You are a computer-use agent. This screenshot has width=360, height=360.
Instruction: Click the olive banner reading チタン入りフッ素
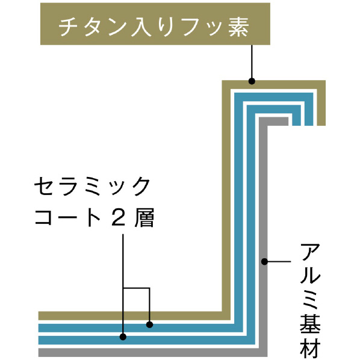point(155,24)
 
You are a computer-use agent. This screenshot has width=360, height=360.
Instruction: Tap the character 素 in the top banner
point(239,27)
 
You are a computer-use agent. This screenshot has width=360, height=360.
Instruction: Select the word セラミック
point(92,186)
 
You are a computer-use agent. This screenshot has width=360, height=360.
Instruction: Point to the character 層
point(144,217)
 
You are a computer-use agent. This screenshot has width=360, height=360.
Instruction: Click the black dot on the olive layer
point(252,81)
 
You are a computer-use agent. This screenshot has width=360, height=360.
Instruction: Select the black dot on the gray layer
point(264,261)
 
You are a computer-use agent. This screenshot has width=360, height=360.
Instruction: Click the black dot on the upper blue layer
point(149,324)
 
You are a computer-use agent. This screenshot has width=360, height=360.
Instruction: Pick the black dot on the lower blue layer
point(123,337)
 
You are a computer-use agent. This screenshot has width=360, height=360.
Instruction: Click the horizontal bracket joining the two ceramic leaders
point(137,288)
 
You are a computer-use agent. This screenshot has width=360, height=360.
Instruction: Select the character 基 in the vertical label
point(310,324)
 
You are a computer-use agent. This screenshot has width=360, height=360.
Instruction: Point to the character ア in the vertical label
point(310,253)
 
